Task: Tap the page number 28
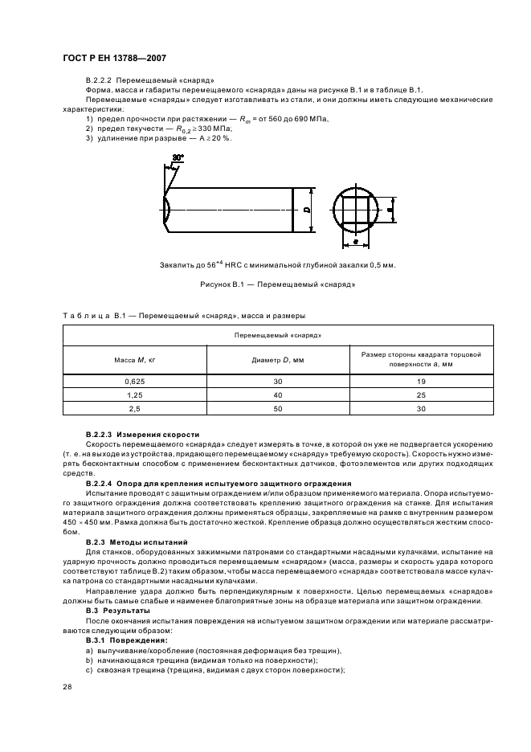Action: tap(67, 685)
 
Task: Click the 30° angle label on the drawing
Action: tap(178, 158)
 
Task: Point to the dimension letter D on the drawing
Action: tap(308, 210)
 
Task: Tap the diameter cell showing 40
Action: tap(278, 394)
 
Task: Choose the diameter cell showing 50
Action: tap(278, 409)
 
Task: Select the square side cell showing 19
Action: tap(420, 380)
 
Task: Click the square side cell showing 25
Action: tap(420, 394)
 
